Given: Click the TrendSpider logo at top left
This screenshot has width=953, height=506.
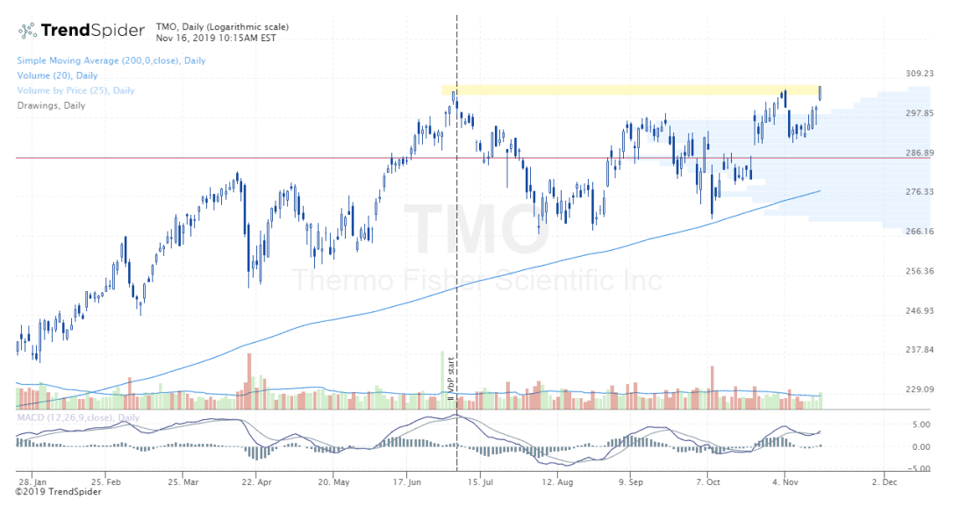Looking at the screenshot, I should click(82, 31).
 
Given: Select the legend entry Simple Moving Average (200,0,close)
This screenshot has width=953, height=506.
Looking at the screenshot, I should click(111, 61).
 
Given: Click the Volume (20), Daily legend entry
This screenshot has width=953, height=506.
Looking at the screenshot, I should click(57, 75).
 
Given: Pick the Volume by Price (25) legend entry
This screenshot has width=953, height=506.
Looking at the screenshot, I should click(75, 90).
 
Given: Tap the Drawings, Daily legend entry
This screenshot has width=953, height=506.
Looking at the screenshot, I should click(51, 105).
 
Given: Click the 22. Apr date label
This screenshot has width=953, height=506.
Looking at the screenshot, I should click(254, 481).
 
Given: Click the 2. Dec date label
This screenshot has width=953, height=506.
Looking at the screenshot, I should click(885, 481).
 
